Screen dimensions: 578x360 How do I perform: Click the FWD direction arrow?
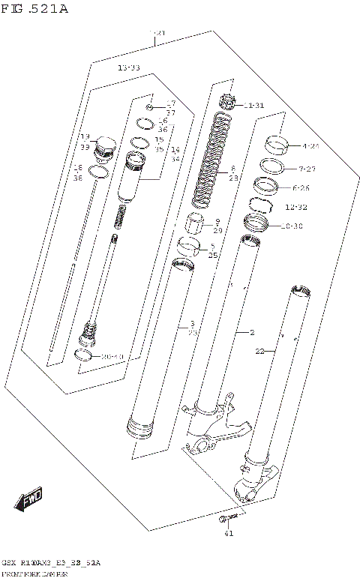pyautogui.click(x=28, y=498)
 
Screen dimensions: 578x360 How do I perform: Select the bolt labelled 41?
pyautogui.click(x=226, y=518)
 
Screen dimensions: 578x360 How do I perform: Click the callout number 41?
pyautogui.click(x=229, y=533)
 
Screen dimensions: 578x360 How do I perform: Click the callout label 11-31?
pyautogui.click(x=253, y=105)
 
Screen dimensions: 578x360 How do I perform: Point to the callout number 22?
pyautogui.click(x=260, y=351)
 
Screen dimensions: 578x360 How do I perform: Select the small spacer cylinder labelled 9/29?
pyautogui.click(x=196, y=223)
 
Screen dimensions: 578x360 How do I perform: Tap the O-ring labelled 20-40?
pyautogui.click(x=86, y=355)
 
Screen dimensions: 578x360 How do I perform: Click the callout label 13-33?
pyautogui.click(x=129, y=68)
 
